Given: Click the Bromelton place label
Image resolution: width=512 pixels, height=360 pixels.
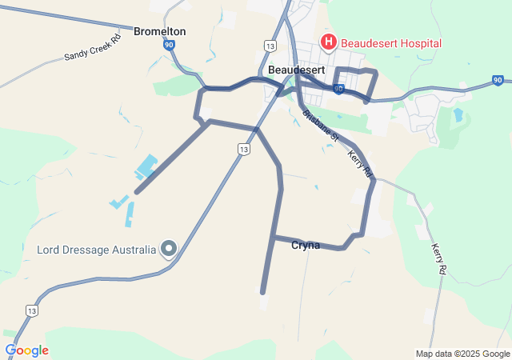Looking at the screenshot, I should [x=160, y=31].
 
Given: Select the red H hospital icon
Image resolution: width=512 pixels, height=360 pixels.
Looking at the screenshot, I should [x=327, y=42].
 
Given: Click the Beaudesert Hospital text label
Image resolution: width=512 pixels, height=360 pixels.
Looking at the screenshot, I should [x=391, y=42].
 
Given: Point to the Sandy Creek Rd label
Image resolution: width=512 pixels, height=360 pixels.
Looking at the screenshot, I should [x=93, y=47].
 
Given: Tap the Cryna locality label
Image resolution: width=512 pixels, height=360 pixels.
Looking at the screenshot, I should [x=306, y=246].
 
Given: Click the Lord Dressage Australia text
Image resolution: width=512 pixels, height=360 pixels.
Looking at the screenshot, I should [x=96, y=249].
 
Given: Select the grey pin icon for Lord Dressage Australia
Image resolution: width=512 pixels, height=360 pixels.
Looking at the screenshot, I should [x=169, y=250].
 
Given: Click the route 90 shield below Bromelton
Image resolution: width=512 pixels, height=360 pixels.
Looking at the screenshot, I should [x=170, y=46].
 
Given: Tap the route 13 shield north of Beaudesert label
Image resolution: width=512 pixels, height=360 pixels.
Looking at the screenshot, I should [x=270, y=47].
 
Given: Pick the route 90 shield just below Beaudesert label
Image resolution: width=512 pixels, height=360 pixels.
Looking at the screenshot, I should [x=339, y=88].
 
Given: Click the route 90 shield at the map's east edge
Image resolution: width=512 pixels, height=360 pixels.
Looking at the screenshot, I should [x=498, y=81].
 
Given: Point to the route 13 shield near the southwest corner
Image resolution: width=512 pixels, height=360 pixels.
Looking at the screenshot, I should [x=31, y=310].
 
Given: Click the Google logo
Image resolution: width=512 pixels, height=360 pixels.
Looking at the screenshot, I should [x=26, y=350].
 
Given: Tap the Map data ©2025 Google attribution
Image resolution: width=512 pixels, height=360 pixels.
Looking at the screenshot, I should [x=462, y=354].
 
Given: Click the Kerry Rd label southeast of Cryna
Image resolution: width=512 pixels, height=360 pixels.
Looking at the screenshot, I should [x=438, y=259].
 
